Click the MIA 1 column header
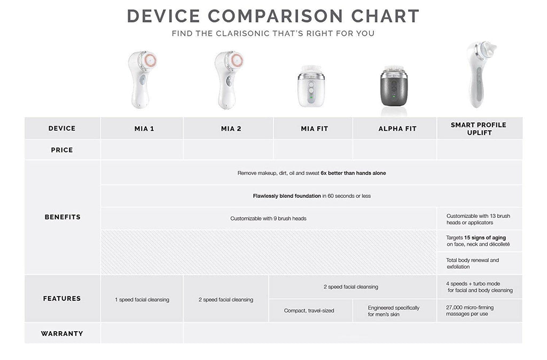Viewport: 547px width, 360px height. pyautogui.click(x=144, y=129)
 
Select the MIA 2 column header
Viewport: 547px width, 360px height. pyautogui.click(x=231, y=129)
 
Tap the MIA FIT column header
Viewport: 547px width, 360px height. pyautogui.click(x=314, y=129)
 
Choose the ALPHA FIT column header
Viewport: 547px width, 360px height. pyautogui.click(x=397, y=129)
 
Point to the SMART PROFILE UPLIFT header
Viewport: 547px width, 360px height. pyautogui.click(x=479, y=129)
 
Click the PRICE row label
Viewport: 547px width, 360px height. pyautogui.click(x=62, y=150)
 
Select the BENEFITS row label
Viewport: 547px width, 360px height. pyautogui.click(x=62, y=217)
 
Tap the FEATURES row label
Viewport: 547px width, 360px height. pyautogui.click(x=62, y=299)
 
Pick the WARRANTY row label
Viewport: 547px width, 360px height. pyautogui.click(x=62, y=333)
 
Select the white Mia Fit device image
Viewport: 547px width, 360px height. pyautogui.click(x=311, y=86)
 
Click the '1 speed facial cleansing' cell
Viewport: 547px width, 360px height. pyautogui.click(x=142, y=300)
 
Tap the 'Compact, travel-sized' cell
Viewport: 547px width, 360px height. pyautogui.click(x=309, y=310)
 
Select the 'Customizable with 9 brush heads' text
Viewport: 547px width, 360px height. pyautogui.click(x=268, y=218)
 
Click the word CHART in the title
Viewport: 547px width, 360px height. pyautogui.click(x=385, y=16)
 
